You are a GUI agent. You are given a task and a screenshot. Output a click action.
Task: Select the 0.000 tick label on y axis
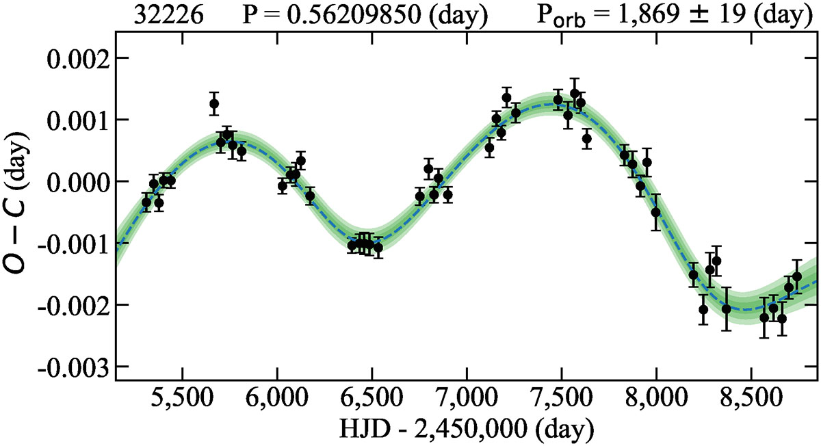tap(71, 181)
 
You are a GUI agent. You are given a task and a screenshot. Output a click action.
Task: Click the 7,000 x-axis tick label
tap(467, 398)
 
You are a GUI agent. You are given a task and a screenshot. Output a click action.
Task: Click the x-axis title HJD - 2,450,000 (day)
tap(466, 429)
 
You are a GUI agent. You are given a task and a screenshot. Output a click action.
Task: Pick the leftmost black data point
tap(146, 202)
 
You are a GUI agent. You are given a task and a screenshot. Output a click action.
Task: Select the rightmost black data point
tap(796, 276)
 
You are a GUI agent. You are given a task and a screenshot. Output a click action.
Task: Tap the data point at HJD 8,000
tap(656, 212)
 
